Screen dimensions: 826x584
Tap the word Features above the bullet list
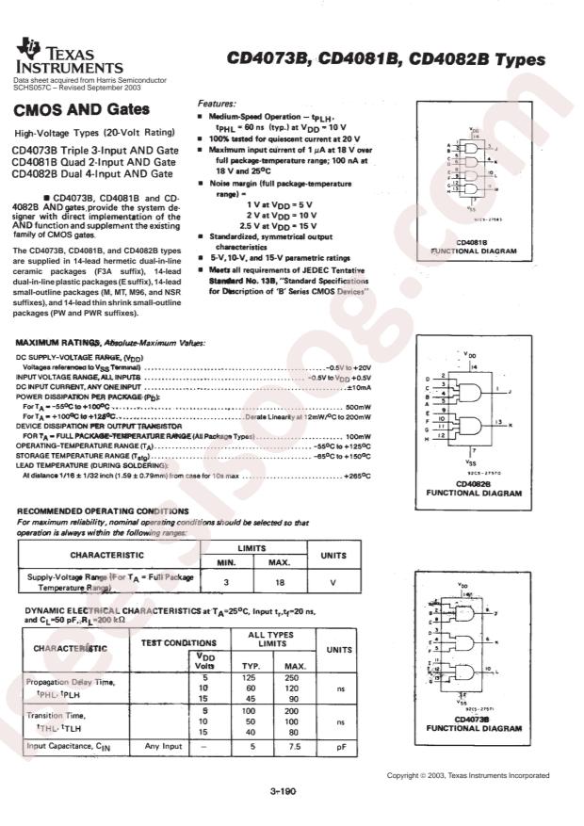217,103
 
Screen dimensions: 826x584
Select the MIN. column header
226,562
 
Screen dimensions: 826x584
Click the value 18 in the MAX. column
280,583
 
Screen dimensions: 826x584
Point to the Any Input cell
164,747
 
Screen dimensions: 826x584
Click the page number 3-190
283,792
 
